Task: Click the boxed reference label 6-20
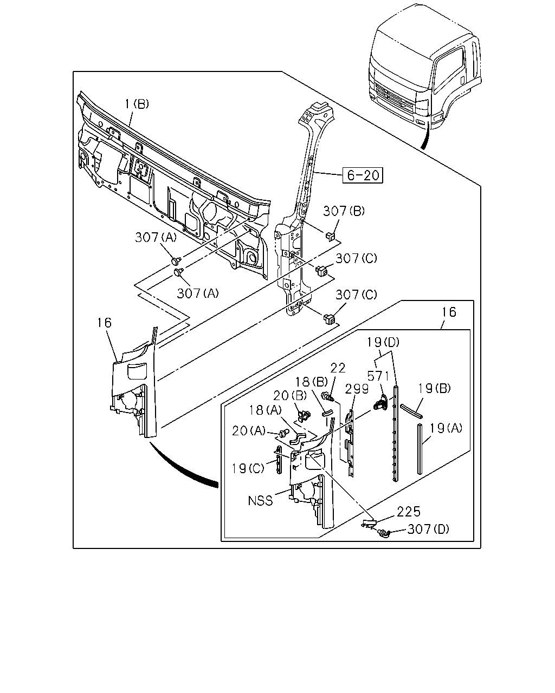(363, 175)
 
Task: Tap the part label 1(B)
(137, 104)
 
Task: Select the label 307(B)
(344, 211)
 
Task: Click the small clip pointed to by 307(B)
(331, 236)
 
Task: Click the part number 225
(409, 512)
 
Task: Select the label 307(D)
(428, 529)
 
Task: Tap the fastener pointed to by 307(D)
(385, 534)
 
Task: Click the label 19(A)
(446, 428)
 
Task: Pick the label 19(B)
(434, 388)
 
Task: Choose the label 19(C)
(248, 468)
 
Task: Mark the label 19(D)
(383, 342)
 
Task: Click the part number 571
(378, 376)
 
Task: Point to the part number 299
(357, 389)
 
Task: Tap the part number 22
(338, 368)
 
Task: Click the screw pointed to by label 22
(327, 396)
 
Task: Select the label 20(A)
(249, 430)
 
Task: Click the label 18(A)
(266, 410)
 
